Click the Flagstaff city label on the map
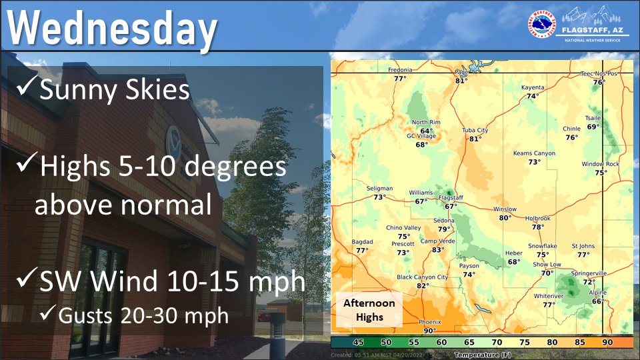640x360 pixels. (451, 198)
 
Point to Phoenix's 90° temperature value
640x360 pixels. (429, 330)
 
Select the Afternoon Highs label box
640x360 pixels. (369, 309)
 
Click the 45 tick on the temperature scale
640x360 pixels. (357, 342)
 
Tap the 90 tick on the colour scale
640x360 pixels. (607, 342)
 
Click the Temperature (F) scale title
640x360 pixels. (479, 355)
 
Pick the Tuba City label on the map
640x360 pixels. (475, 130)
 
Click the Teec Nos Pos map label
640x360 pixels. (599, 74)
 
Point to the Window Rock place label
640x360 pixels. (600, 164)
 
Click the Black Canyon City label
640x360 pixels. (423, 277)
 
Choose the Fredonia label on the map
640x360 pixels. (400, 70)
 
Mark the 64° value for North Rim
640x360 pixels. (426, 131)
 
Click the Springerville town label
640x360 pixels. (588, 273)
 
